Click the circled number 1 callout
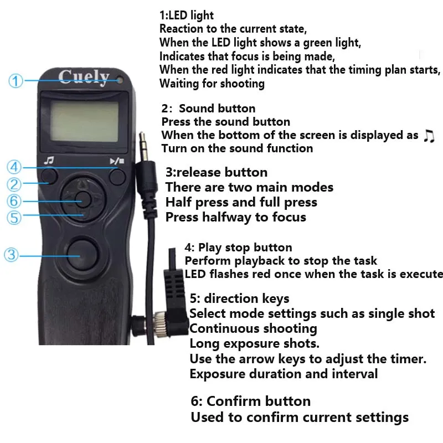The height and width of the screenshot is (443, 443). coord(16,81)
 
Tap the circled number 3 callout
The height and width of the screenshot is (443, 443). coord(11,255)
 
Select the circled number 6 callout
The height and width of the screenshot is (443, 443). coord(14,201)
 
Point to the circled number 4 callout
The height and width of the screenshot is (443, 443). coord(14,167)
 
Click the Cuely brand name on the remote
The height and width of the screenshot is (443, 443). coord(84,77)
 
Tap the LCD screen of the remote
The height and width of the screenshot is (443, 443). coord(85,122)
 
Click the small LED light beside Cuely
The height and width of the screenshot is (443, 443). coord(120,80)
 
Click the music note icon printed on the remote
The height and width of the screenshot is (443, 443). coord(49,161)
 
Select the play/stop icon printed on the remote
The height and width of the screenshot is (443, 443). coord(117,161)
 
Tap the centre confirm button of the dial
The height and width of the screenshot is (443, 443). coord(83,199)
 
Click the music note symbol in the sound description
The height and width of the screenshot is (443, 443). coord(429,136)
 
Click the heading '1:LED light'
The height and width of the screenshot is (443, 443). coord(187,16)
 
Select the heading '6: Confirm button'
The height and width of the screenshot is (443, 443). coord(251,401)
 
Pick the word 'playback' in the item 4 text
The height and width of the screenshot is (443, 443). coord(263,261)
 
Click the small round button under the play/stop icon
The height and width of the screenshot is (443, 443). coord(117,177)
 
